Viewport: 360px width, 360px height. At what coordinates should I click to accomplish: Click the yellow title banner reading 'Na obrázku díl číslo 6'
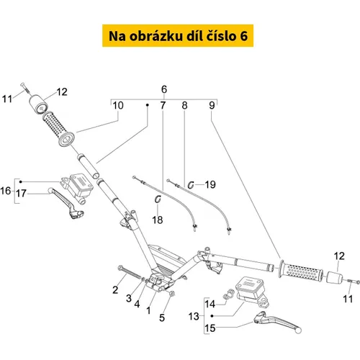[x=178, y=35]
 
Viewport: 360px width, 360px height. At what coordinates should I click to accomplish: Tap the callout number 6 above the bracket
[x=164, y=89]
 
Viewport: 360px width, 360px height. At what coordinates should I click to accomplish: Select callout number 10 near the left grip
[x=118, y=105]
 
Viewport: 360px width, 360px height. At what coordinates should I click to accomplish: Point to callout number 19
[x=210, y=184]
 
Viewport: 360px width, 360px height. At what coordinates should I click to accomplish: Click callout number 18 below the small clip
[x=158, y=220]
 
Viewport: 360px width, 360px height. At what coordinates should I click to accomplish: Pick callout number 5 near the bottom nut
[x=162, y=318]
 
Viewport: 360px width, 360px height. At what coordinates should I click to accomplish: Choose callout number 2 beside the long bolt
[x=115, y=290]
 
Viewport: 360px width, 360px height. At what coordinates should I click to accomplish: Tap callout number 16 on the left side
[x=6, y=191]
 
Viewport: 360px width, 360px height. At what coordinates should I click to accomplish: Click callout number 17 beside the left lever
[x=21, y=193]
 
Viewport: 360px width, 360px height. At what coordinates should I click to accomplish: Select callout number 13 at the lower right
[x=194, y=316]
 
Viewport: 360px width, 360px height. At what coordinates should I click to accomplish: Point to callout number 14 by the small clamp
[x=210, y=304]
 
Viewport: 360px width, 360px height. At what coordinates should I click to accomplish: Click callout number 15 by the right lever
[x=210, y=328]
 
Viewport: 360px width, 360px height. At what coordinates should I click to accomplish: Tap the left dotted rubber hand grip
[x=58, y=129]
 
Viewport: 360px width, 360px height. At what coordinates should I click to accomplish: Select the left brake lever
[x=66, y=202]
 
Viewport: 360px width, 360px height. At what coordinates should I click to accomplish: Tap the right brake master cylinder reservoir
[x=252, y=291]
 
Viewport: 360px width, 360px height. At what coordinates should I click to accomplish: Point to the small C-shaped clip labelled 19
[x=191, y=185]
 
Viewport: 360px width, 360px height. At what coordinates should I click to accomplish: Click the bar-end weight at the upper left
[x=38, y=104]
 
